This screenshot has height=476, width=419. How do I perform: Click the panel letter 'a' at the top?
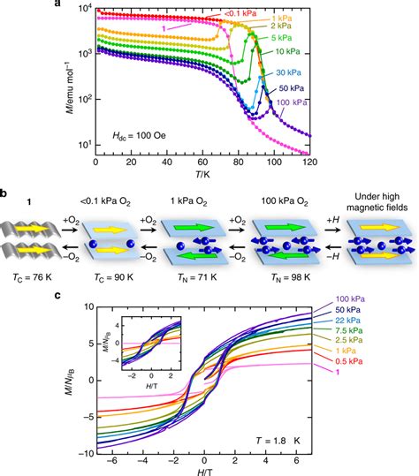(x=58, y=3)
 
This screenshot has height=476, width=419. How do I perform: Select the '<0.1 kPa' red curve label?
(x=240, y=13)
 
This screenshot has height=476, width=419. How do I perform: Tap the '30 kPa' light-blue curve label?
(x=289, y=72)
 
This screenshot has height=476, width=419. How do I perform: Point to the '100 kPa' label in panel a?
(x=292, y=102)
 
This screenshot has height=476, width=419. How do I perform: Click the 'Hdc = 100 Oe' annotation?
(x=139, y=135)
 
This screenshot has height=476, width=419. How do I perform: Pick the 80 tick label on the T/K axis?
(x=239, y=162)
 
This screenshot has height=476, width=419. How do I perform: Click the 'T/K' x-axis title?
(x=203, y=174)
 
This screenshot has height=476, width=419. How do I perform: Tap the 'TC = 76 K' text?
(x=33, y=277)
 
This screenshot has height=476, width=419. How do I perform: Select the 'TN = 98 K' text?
(x=291, y=277)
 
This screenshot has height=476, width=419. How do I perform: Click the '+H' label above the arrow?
(x=332, y=220)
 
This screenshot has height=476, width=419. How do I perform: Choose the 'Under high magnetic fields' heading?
(x=377, y=202)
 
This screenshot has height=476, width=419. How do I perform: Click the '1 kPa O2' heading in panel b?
(x=188, y=201)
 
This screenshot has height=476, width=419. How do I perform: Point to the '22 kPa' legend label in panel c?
(x=348, y=321)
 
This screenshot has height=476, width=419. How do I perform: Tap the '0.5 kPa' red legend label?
(x=349, y=361)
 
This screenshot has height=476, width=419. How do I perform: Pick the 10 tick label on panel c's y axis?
(x=89, y=307)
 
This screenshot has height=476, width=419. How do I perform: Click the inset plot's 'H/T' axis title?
(x=152, y=386)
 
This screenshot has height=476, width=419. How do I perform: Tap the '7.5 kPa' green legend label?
(x=349, y=330)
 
